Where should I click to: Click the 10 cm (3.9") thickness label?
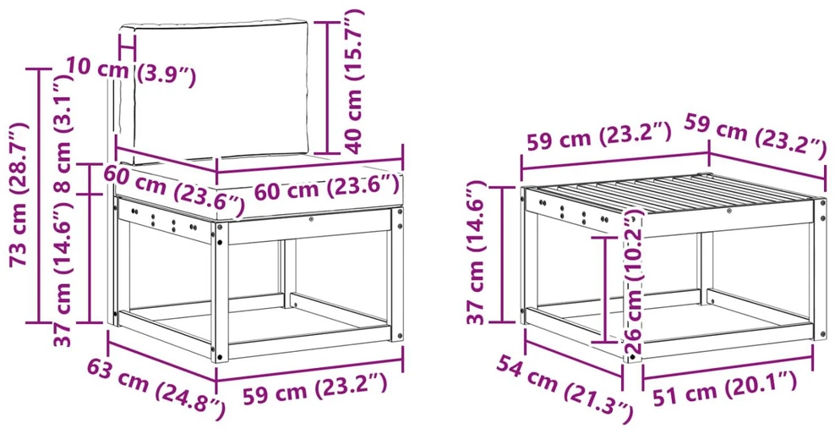pyautogui.click(x=131, y=73)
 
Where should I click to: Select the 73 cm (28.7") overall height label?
pyautogui.click(x=19, y=194)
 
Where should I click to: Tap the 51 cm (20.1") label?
pyautogui.click(x=725, y=387)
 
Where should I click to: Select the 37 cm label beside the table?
pyautogui.click(x=478, y=253)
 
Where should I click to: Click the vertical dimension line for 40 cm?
pyautogui.click(x=326, y=87)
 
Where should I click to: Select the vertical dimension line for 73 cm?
pyautogui.click(x=38, y=195)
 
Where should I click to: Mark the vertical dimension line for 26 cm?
pyautogui.click(x=605, y=289)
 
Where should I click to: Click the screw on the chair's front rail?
pyautogui.click(x=310, y=218)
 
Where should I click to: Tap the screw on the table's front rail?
pyautogui.click(x=729, y=212)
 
